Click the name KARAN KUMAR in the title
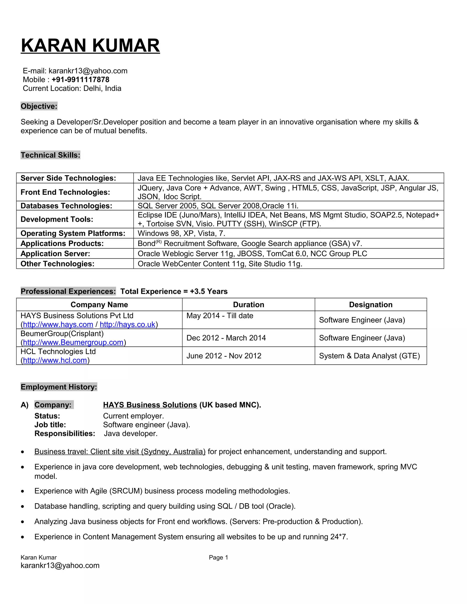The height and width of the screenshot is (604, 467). pyautogui.click(x=90, y=45)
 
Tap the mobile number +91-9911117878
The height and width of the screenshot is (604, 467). pyautogui.click(x=80, y=80)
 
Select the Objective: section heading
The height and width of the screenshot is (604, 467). pyautogui.click(x=39, y=106)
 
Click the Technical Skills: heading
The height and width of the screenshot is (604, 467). pyautogui.click(x=50, y=155)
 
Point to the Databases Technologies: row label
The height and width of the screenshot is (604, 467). pyautogui.click(x=66, y=206)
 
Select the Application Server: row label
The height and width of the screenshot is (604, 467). pyautogui.click(x=55, y=254)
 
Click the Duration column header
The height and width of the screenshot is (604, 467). pyautogui.click(x=249, y=305)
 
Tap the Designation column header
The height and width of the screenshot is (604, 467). pyautogui.click(x=371, y=305)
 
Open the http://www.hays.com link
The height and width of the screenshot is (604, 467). pyautogui.click(x=58, y=324)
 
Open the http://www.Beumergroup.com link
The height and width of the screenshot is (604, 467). pyautogui.click(x=73, y=342)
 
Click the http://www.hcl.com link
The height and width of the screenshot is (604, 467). pyautogui.click(x=55, y=360)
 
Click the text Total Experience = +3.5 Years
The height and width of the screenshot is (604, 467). pyautogui.click(x=174, y=292)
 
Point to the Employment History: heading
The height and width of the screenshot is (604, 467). pyautogui.click(x=59, y=387)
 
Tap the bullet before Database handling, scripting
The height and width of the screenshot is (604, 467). pyautogui.click(x=23, y=507)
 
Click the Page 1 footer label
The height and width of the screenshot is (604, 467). pyautogui.click(x=218, y=558)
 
